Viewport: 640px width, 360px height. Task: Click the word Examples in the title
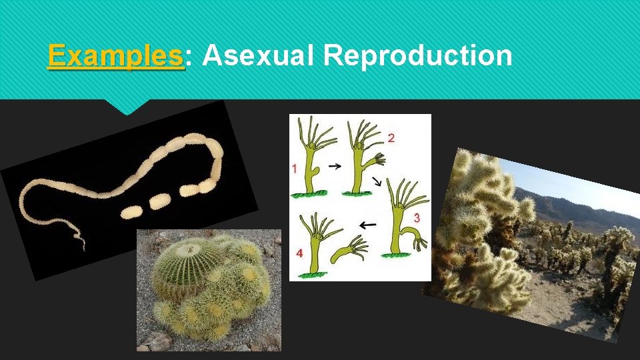(x=115, y=56)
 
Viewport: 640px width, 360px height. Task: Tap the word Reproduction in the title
(x=417, y=56)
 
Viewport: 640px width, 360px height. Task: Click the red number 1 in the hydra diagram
(x=294, y=169)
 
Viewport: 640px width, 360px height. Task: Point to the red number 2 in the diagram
(x=391, y=138)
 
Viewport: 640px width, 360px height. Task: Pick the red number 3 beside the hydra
(x=417, y=217)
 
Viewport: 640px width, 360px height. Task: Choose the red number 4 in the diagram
(x=299, y=254)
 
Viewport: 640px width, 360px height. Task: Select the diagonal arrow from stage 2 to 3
(x=377, y=181)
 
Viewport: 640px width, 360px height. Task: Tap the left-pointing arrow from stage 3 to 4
(x=367, y=225)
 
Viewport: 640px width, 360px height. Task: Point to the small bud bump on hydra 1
(x=316, y=175)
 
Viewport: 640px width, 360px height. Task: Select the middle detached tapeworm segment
(x=159, y=201)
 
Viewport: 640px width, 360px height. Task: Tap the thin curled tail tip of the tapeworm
(x=81, y=242)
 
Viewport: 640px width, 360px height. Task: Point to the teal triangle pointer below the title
(x=128, y=107)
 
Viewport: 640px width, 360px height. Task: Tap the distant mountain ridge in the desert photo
(x=567, y=203)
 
